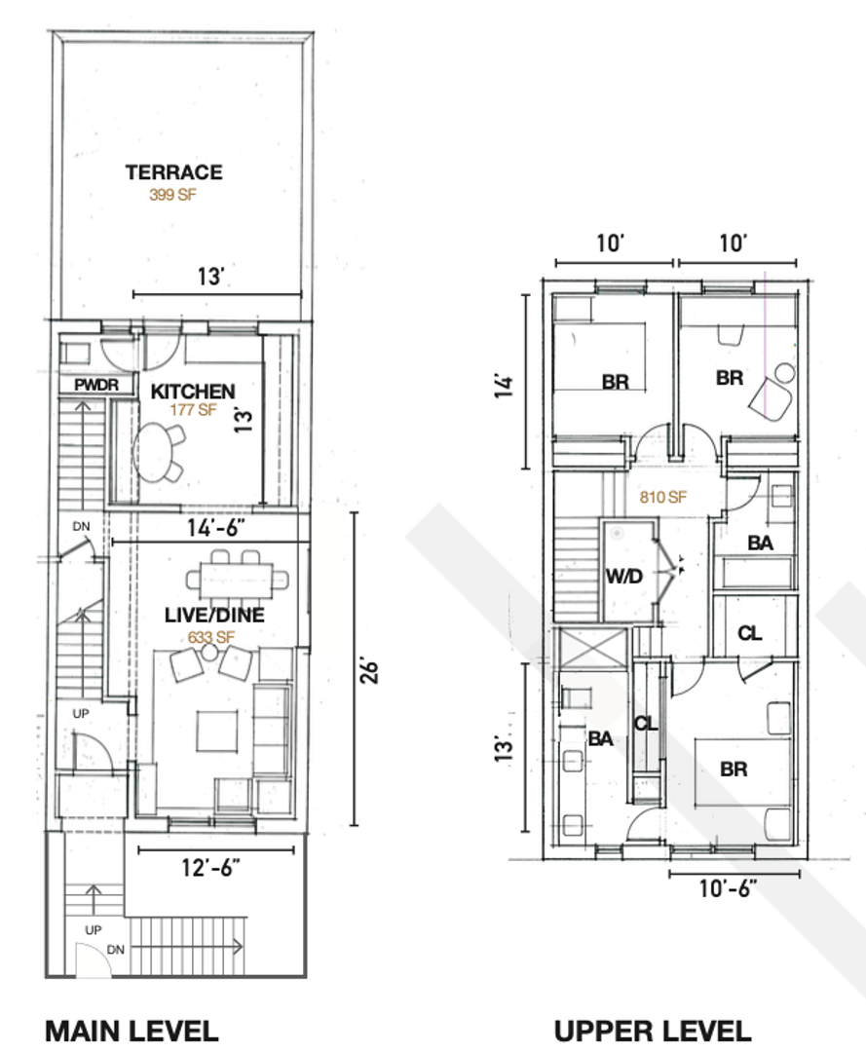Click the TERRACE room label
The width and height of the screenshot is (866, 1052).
point(173,172)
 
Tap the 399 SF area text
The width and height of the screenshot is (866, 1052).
point(172,195)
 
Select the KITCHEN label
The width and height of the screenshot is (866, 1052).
point(193,392)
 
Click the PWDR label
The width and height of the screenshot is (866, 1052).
point(96,385)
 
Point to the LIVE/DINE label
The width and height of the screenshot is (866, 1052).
point(214,616)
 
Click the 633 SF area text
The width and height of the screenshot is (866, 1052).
point(211,637)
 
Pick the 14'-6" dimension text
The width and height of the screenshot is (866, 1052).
point(215,528)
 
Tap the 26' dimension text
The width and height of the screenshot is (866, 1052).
point(369,671)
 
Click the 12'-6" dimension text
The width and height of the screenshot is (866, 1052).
point(210,868)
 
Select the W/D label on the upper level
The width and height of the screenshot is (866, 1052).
point(624,577)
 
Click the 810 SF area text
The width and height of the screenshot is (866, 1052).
point(662,497)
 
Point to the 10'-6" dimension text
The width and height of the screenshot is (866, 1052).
point(728,888)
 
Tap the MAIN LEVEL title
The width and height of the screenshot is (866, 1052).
point(132,1031)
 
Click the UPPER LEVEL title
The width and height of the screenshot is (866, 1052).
point(652,1031)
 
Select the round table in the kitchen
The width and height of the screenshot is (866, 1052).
point(154,452)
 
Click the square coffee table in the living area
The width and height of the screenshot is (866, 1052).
point(216,732)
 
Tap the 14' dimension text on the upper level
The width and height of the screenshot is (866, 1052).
point(506,387)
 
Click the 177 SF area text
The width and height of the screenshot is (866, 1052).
point(193,410)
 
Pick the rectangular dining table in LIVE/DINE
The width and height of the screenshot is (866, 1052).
point(238,579)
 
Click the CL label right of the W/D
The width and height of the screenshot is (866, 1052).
point(749,633)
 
